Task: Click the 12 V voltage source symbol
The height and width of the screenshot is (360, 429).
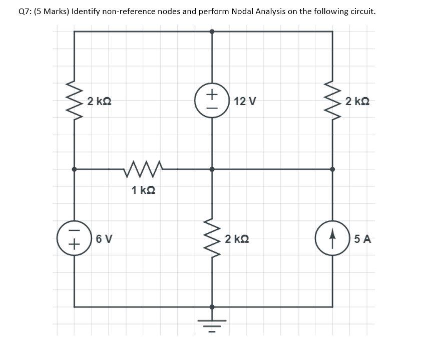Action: click(x=212, y=101)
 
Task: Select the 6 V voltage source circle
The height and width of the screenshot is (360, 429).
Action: click(x=74, y=238)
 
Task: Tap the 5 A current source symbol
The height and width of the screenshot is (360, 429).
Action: click(x=332, y=238)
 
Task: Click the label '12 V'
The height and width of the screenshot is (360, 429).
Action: click(x=245, y=102)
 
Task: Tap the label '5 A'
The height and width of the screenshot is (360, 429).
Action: click(x=362, y=239)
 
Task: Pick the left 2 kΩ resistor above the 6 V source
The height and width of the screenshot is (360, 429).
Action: click(x=74, y=101)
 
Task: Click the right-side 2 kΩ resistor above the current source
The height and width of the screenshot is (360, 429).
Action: click(x=332, y=101)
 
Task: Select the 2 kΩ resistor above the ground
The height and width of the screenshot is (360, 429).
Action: click(x=212, y=238)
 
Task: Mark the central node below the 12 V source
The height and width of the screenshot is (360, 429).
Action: click(x=212, y=169)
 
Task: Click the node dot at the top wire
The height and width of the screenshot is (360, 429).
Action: click(x=212, y=31)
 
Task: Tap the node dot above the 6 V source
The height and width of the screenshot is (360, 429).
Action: click(x=74, y=169)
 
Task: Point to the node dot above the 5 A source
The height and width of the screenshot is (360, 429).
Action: click(x=332, y=169)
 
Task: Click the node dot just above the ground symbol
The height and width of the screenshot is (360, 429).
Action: click(x=212, y=306)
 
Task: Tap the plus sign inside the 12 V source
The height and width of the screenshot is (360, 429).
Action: click(x=212, y=94)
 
